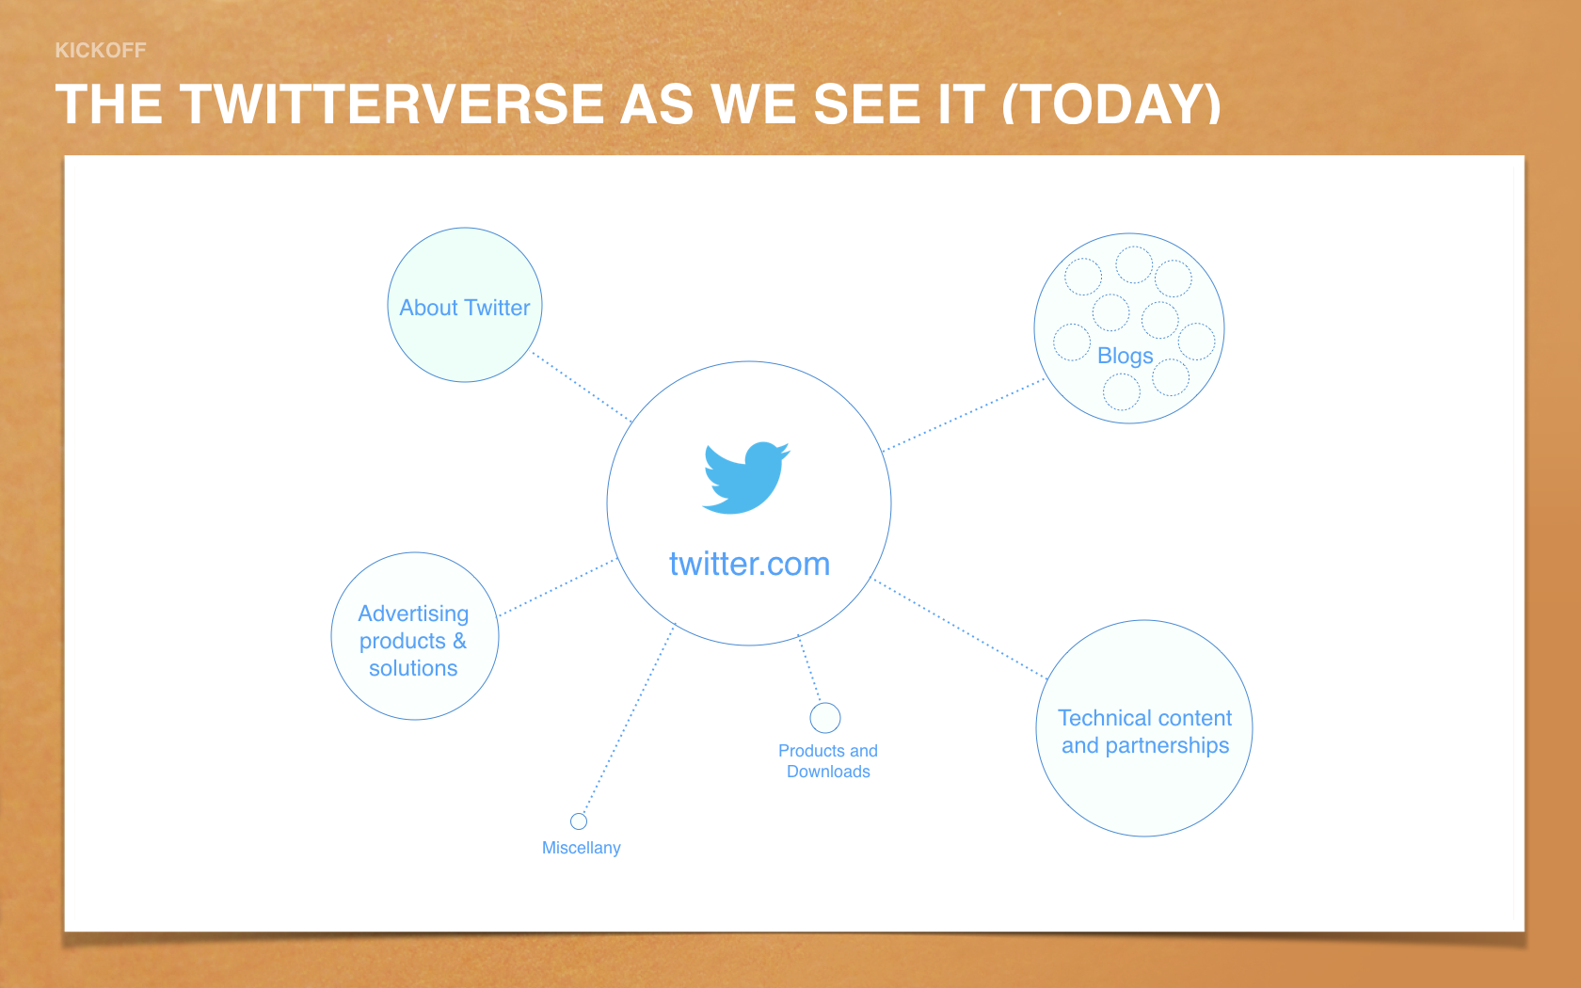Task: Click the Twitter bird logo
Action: coord(746,478)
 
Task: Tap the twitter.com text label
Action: coord(749,564)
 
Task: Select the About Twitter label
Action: coord(465,308)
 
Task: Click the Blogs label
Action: coord(1126,356)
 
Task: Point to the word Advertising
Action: coord(414,614)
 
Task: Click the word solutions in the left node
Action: coord(414,668)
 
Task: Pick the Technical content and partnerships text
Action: coord(1144,731)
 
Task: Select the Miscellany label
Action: coord(581,848)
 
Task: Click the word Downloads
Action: coord(828,772)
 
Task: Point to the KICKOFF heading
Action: coord(100,50)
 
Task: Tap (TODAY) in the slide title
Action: coord(1110,104)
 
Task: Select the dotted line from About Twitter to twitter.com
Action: coord(581,386)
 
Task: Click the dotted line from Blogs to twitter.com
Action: coord(964,415)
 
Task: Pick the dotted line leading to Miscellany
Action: coord(629,719)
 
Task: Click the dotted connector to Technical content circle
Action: coord(959,629)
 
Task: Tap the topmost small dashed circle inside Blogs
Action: coord(1134,264)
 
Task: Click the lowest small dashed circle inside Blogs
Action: coord(1122,391)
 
